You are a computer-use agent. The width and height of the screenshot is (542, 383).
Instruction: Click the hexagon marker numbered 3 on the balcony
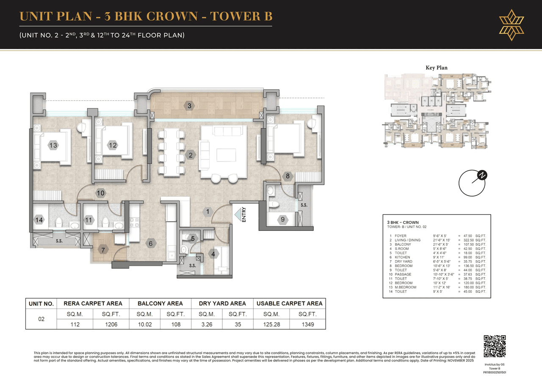pos(190,105)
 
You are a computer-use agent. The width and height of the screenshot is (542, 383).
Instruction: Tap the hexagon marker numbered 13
pos(53,145)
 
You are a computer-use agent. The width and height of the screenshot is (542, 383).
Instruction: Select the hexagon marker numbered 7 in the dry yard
pos(103,250)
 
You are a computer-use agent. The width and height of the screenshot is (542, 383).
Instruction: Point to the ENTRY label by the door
pos(244,214)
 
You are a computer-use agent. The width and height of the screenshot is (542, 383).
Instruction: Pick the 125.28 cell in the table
pos(271,325)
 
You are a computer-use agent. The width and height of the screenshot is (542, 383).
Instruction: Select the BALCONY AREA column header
pos(160,303)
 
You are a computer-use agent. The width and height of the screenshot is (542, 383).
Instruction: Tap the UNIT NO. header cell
pos(41,304)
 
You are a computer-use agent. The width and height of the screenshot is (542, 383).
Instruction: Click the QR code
pos(495,346)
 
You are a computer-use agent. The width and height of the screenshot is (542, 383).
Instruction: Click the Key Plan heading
pos(436,68)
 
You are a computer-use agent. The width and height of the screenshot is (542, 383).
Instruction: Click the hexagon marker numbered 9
pos(283,219)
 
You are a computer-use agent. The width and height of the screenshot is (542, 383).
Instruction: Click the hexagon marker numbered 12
pos(112,145)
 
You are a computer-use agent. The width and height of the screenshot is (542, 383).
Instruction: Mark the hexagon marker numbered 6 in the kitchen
pos(150,244)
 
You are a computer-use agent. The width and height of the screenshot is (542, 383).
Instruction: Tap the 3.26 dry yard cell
pos(207,325)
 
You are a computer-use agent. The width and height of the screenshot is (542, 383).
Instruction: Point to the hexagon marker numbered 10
pos(100,193)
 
